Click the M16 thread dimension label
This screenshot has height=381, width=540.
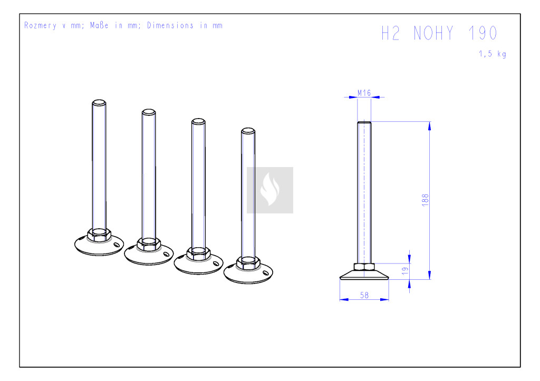pos(364,93)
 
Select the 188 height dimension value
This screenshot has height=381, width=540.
pos(426,200)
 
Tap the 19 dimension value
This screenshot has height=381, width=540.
pos(406,271)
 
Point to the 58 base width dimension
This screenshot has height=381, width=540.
pos(364,295)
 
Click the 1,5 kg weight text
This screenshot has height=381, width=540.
pos(493,54)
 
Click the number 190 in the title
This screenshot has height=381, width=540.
pos(483,33)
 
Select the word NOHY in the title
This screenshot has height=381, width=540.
pos(433,33)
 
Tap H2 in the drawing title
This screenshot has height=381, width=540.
pos(391,33)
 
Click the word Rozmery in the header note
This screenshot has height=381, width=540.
pos(40,25)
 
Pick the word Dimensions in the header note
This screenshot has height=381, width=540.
pos(170,25)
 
